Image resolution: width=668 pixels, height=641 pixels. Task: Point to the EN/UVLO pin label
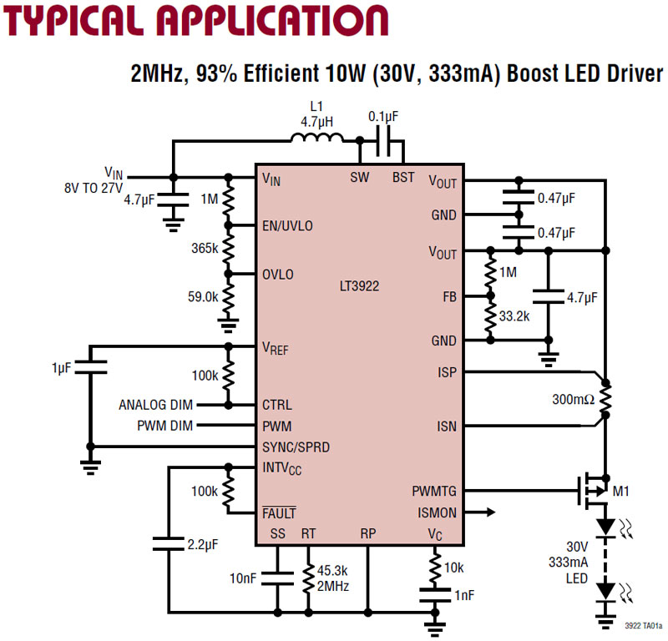(x=289, y=226)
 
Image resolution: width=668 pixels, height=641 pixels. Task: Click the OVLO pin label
(x=278, y=275)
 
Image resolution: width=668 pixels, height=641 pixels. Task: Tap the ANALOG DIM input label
(x=155, y=406)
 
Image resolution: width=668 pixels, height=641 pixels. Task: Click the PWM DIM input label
(x=164, y=426)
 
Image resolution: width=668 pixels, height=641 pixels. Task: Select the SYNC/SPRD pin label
(x=296, y=447)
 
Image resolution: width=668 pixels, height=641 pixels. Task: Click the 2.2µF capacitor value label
(x=202, y=544)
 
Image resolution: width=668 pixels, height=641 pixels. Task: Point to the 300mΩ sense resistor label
(x=573, y=399)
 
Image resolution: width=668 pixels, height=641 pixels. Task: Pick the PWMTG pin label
(x=434, y=491)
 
